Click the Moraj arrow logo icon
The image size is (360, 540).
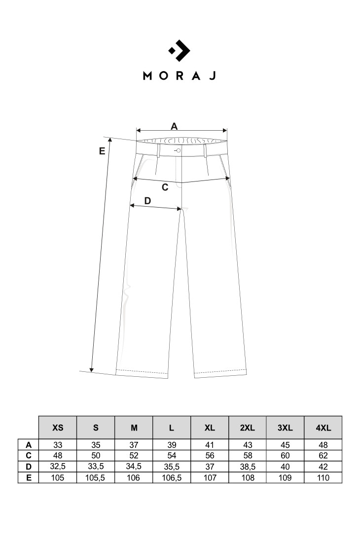179,51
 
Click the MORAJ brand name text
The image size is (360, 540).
179,75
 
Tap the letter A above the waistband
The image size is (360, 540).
174,126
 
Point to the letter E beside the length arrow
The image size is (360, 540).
102,151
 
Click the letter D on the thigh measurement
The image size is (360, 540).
147,200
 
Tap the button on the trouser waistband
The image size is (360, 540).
179,150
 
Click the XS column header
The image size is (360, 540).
58,428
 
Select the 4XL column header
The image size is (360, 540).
323,428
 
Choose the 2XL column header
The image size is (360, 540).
248,428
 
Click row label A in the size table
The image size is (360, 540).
29,445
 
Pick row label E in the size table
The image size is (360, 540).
29,478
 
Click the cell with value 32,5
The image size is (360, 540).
58,467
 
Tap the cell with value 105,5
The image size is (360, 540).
96,478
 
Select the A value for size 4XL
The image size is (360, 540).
323,445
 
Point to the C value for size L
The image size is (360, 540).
172,456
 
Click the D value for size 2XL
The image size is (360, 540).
248,467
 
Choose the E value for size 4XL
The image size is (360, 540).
323,478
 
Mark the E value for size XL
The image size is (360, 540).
210,478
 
